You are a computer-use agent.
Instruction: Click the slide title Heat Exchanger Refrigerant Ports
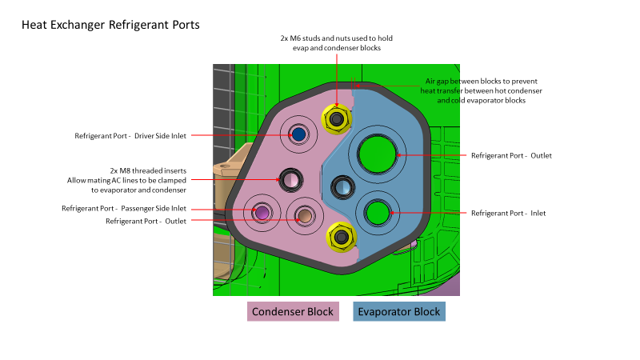(110, 25)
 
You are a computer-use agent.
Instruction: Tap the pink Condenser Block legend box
(293, 311)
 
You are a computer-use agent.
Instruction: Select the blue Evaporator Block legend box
(398, 311)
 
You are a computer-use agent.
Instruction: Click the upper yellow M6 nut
(337, 119)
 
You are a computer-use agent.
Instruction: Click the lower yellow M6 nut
(341, 237)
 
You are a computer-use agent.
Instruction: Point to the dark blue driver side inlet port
(300, 134)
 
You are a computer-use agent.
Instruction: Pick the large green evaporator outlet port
(374, 152)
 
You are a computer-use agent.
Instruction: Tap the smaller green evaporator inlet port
(377, 212)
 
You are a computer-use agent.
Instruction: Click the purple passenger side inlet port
(261, 212)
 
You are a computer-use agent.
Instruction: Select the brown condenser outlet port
(303, 214)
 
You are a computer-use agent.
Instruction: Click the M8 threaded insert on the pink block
(290, 179)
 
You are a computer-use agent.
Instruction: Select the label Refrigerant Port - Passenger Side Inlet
(124, 209)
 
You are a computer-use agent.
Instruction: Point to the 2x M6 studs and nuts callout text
(336, 43)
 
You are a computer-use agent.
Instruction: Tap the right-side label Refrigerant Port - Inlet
(508, 213)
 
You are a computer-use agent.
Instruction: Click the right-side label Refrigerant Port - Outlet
(511, 155)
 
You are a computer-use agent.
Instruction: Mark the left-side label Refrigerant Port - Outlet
(146, 221)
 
